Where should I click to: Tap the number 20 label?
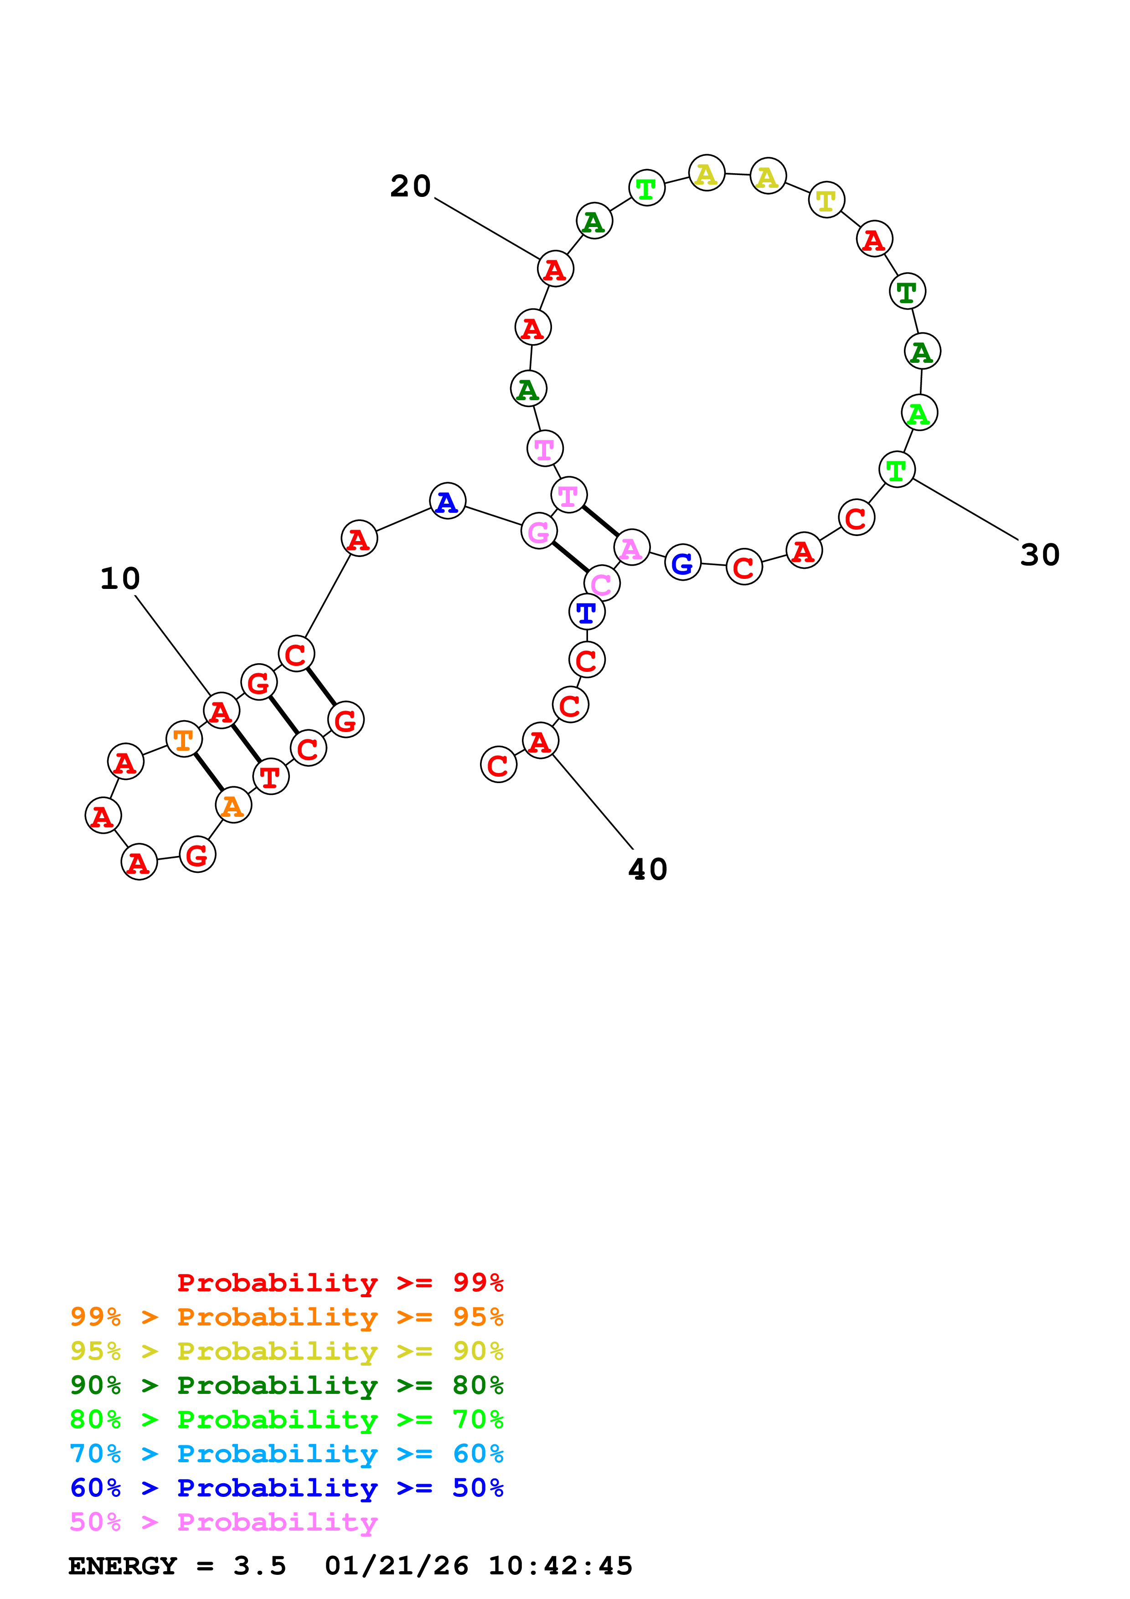click(x=410, y=186)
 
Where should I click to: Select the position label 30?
click(x=1039, y=555)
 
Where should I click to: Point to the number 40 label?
click(x=647, y=869)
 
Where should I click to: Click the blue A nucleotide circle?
click(x=447, y=501)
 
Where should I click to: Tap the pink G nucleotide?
click(x=539, y=531)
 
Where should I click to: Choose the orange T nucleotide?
click(x=184, y=739)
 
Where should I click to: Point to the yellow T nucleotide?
click(x=826, y=200)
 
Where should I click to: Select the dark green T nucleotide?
click(x=907, y=291)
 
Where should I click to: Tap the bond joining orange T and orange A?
click(x=209, y=772)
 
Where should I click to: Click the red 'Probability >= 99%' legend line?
click(x=340, y=1283)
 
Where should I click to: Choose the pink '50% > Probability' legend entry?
click(x=223, y=1522)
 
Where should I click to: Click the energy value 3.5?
click(x=260, y=1566)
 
